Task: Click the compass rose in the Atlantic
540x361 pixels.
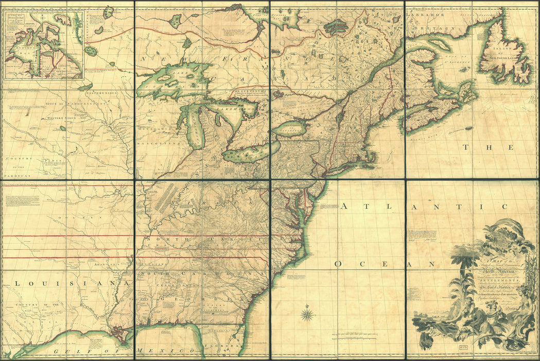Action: tap(308, 314)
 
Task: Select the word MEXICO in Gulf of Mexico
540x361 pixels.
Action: tap(151, 351)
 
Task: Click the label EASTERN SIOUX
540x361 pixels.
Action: tap(103, 93)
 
